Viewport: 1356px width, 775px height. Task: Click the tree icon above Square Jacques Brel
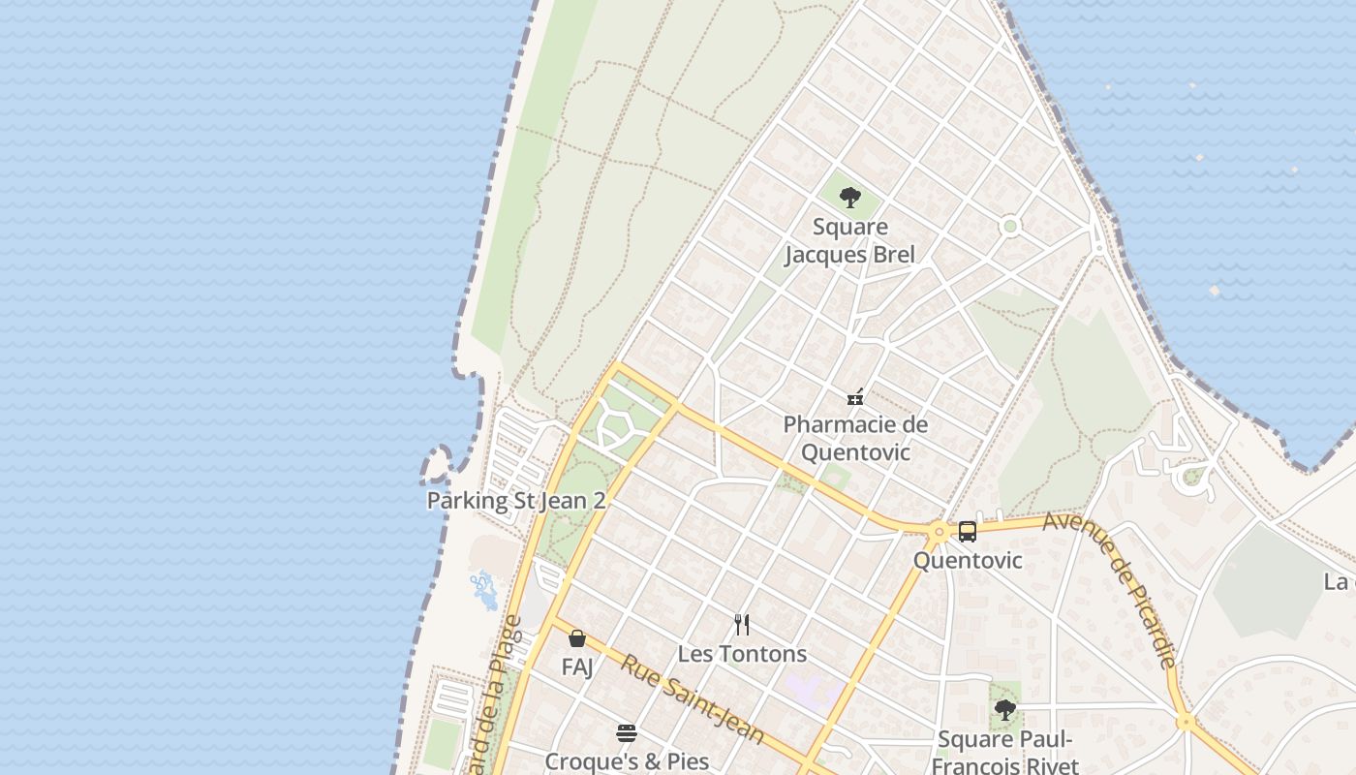coord(849,198)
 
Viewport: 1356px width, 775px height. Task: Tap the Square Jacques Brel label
coord(849,241)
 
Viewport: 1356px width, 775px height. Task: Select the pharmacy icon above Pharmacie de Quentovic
coord(855,396)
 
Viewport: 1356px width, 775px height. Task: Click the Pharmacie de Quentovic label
coord(855,438)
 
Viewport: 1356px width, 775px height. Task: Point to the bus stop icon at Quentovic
coord(968,531)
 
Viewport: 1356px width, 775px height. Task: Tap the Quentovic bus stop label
coord(968,561)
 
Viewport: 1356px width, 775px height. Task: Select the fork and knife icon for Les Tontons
coord(742,625)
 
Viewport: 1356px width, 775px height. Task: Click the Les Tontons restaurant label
coord(742,654)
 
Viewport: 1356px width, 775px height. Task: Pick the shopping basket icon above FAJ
coord(577,638)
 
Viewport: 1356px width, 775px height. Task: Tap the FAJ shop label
coord(577,667)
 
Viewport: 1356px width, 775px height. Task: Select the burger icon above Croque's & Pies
coord(627,733)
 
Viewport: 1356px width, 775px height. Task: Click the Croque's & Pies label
coord(627,761)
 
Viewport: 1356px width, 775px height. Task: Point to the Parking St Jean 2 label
coord(516,501)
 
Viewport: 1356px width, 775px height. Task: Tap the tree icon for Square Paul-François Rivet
coord(1005,710)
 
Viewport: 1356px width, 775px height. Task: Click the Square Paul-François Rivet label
coord(1005,753)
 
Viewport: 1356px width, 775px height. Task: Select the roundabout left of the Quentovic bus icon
coord(938,532)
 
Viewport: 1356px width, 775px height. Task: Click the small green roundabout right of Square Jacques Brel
coord(1010,227)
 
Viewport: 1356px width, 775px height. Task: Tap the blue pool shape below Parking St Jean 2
coord(483,588)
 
